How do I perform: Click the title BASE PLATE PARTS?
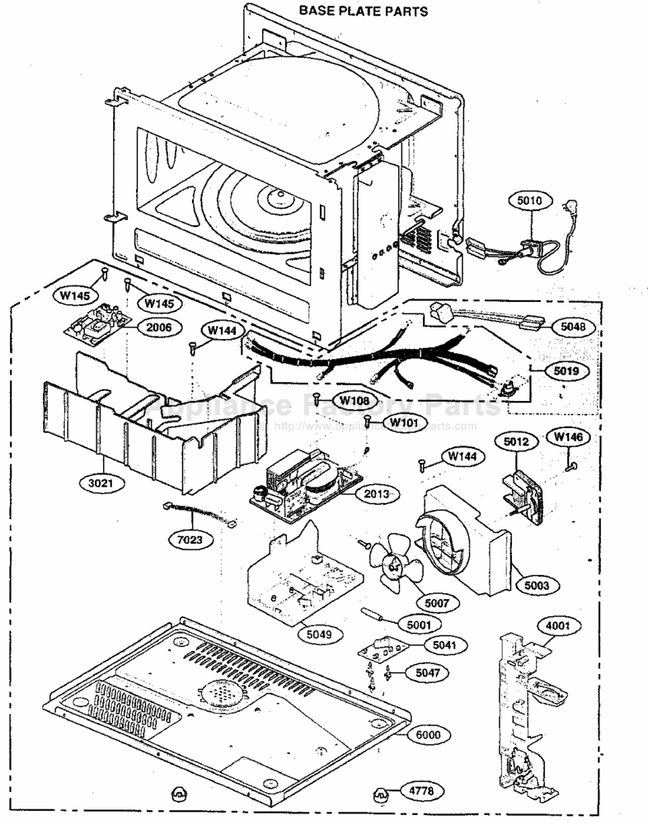[363, 11]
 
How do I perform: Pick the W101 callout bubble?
[403, 423]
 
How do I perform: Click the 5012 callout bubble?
[516, 442]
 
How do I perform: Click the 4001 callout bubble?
[557, 625]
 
